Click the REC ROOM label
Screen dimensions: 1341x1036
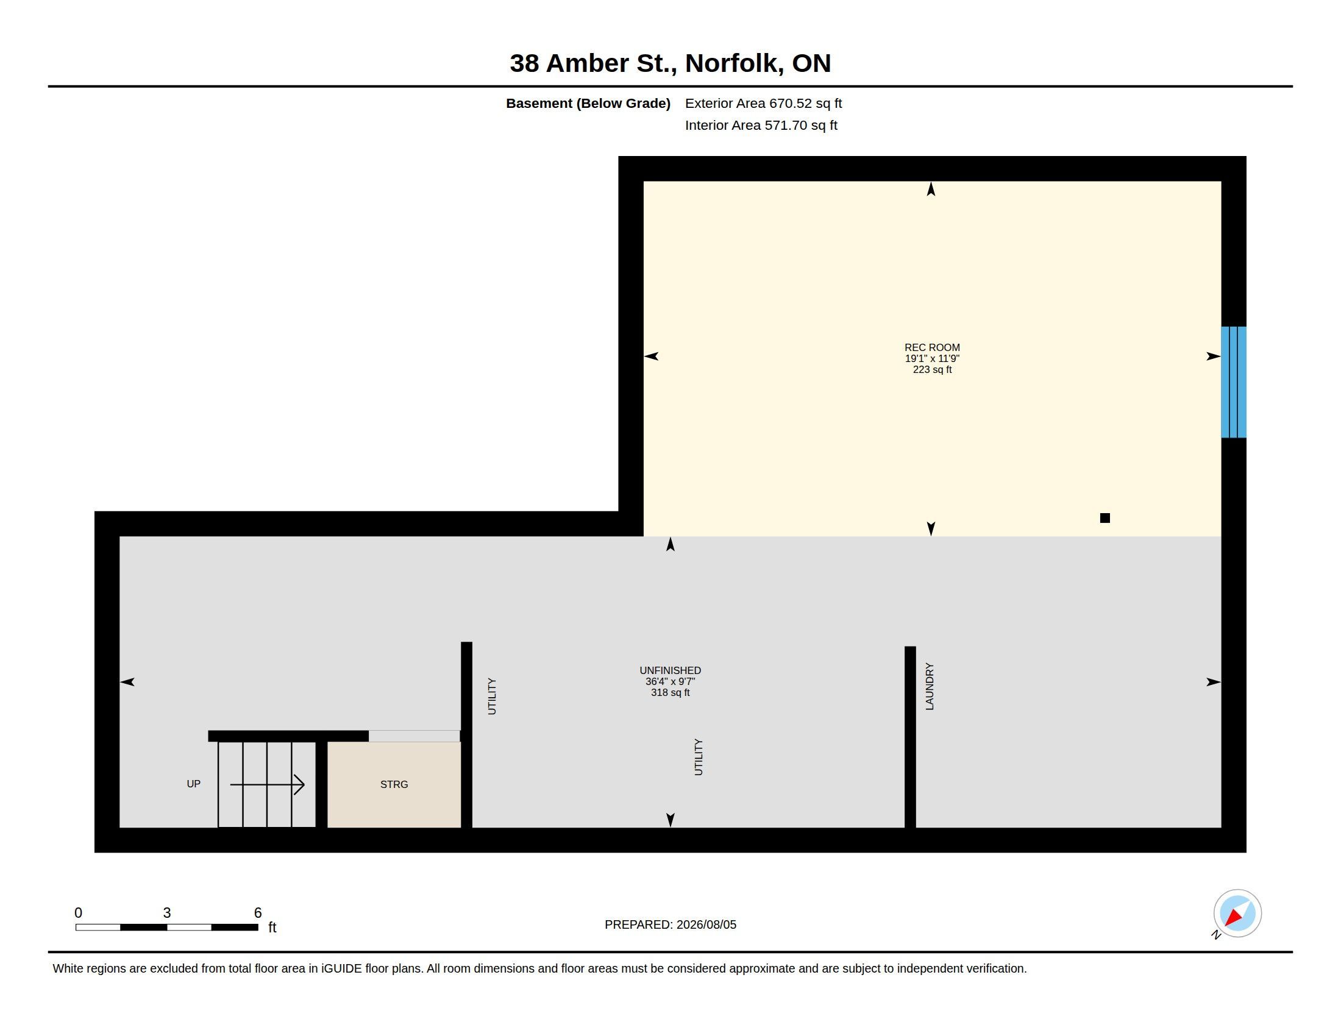point(931,347)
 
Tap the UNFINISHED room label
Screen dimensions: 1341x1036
point(670,670)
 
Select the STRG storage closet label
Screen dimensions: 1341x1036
point(394,784)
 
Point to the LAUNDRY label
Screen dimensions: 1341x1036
point(929,686)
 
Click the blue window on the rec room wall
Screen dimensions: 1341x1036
point(1233,381)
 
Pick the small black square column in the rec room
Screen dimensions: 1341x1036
point(1104,518)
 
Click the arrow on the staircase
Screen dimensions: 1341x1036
point(267,784)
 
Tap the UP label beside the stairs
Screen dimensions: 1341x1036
point(193,784)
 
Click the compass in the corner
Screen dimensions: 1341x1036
point(1237,914)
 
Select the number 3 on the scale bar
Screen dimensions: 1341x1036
point(166,913)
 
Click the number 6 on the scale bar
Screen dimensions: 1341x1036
point(258,913)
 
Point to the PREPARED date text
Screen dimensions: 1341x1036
point(670,924)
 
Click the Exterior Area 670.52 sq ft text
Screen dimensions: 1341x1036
point(763,103)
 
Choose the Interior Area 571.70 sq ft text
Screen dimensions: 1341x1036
point(761,125)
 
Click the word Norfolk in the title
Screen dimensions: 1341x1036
point(735,63)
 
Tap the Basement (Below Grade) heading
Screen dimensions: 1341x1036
point(588,103)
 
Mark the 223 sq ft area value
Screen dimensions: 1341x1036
point(932,369)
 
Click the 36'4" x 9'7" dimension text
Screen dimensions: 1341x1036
point(670,681)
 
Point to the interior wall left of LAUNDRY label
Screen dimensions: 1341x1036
point(910,737)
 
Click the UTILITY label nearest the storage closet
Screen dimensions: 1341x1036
point(491,696)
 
